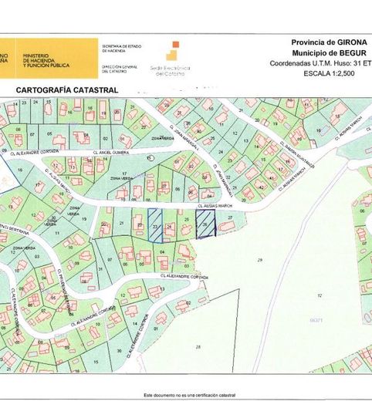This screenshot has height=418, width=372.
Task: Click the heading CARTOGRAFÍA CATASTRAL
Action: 66,90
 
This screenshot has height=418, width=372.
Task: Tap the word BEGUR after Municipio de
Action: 347,52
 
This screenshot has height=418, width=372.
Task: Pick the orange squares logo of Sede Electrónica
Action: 177,53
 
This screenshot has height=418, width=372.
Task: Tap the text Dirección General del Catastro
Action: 120,69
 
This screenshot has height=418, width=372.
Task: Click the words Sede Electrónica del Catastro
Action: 170,71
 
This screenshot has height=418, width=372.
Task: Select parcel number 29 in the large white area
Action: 259,259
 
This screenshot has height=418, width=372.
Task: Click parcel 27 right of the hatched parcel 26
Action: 229,217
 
